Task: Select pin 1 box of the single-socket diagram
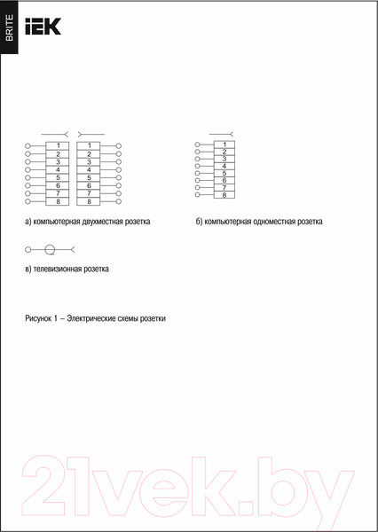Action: tap(224, 145)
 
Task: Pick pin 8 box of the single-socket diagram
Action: tap(224, 194)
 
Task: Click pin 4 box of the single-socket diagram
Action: tap(224, 166)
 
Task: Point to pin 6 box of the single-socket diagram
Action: tap(224, 180)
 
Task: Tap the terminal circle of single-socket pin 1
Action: tap(198, 145)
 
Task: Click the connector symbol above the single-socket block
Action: tap(222, 133)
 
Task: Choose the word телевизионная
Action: tap(59, 267)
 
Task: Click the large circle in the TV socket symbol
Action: tap(51, 250)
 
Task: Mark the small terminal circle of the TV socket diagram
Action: tap(29, 250)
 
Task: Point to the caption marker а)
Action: tap(28, 222)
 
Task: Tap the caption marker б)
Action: tap(200, 222)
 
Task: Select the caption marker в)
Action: tap(28, 267)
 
